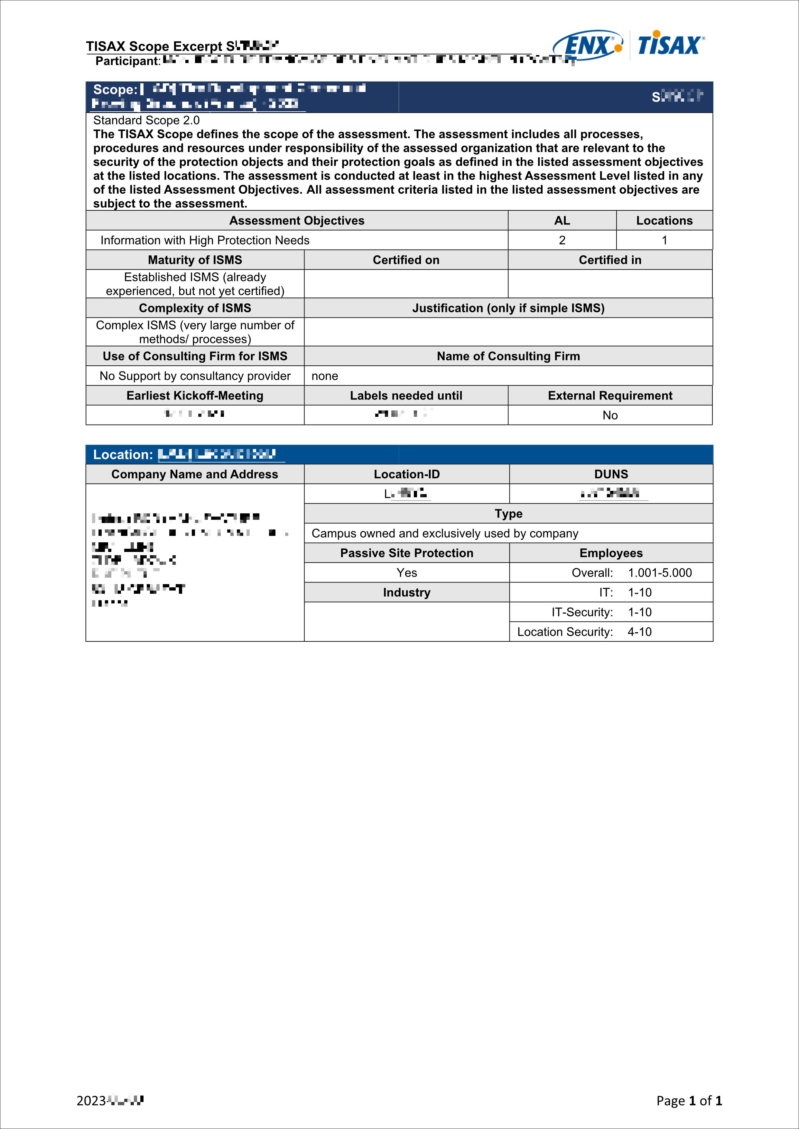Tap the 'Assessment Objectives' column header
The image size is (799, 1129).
(x=297, y=220)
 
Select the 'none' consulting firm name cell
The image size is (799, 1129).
(x=325, y=376)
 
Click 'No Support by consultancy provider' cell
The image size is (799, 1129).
(x=195, y=376)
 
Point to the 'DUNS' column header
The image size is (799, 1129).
(x=611, y=474)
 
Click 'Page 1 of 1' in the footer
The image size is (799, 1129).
(x=689, y=1100)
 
